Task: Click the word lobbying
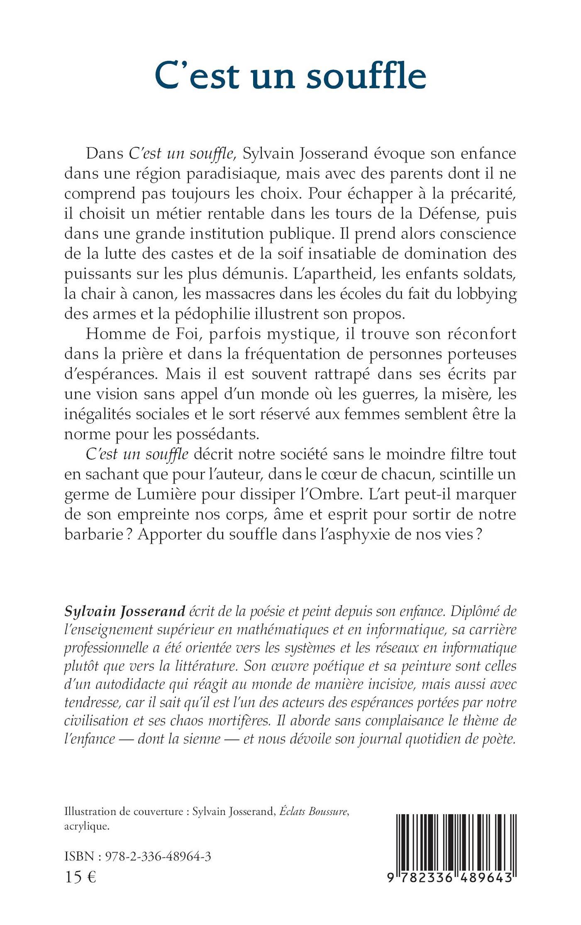click(x=486, y=294)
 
